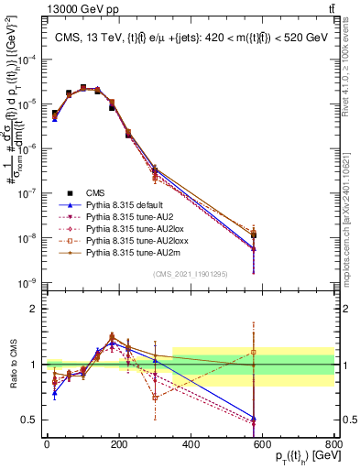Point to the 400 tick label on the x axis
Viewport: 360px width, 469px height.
[190, 443]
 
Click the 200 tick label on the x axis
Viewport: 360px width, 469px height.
[118, 443]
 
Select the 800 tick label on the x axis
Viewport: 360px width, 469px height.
[333, 443]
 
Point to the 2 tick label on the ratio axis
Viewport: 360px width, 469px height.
[35, 309]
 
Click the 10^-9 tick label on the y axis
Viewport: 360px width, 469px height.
[26, 281]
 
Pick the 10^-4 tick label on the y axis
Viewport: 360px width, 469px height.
[26, 60]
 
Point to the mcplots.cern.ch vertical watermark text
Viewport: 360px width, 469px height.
[351, 211]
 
